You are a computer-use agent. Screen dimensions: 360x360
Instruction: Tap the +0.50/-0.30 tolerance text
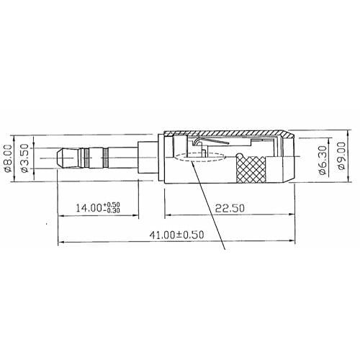click(112, 207)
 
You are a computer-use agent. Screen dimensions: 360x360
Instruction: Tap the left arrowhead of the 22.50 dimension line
click(168, 215)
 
